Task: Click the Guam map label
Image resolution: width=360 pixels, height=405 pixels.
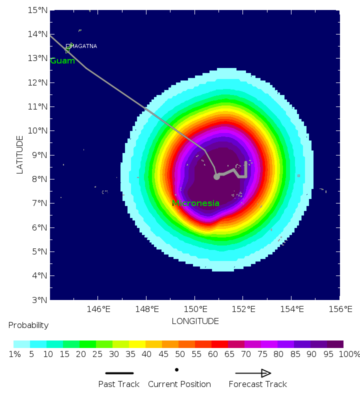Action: [x=62, y=61]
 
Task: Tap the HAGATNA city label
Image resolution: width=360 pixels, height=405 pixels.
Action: [x=84, y=46]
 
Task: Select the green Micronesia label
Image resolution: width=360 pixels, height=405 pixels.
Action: [x=195, y=203]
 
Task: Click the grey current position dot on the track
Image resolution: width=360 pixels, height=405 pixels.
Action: [x=216, y=176]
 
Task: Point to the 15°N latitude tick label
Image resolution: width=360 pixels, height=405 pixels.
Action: [x=37, y=10]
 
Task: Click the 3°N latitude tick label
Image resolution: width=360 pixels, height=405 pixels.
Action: [x=39, y=299]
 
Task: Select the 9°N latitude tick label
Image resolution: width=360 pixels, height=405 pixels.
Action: [x=39, y=155]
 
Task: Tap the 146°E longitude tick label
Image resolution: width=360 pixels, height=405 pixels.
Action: [x=98, y=309]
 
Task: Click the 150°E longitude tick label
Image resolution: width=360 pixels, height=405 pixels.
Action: [x=195, y=309]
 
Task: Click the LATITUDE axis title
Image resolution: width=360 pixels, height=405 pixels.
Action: [x=20, y=154]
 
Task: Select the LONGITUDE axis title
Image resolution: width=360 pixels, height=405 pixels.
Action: [x=195, y=321]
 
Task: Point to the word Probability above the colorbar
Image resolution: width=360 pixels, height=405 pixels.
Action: [x=28, y=325]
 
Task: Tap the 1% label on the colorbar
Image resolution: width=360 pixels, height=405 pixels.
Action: [x=14, y=354]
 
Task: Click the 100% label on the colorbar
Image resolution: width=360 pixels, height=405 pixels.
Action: [x=349, y=354]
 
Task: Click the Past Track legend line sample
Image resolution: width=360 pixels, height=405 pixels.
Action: [x=119, y=373]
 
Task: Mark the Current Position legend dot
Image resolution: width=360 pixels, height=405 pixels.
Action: [x=177, y=370]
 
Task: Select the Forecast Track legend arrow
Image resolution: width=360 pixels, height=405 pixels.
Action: [x=253, y=373]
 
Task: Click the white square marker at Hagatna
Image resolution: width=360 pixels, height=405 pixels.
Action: [x=68, y=46]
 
